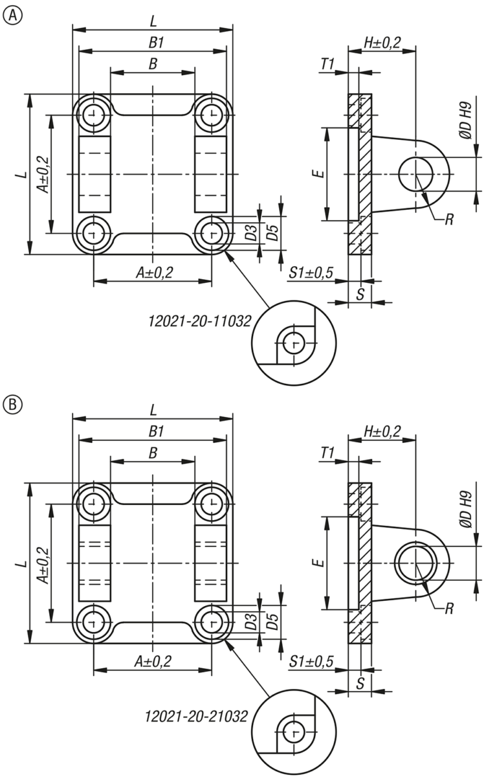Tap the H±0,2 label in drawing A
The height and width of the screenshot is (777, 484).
tap(382, 43)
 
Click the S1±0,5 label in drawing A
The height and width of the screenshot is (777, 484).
tap(311, 273)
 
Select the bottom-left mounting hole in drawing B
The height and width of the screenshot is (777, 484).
tap(94, 622)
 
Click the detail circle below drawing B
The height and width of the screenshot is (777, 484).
tap(294, 733)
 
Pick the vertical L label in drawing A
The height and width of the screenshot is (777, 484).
tap(21, 174)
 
